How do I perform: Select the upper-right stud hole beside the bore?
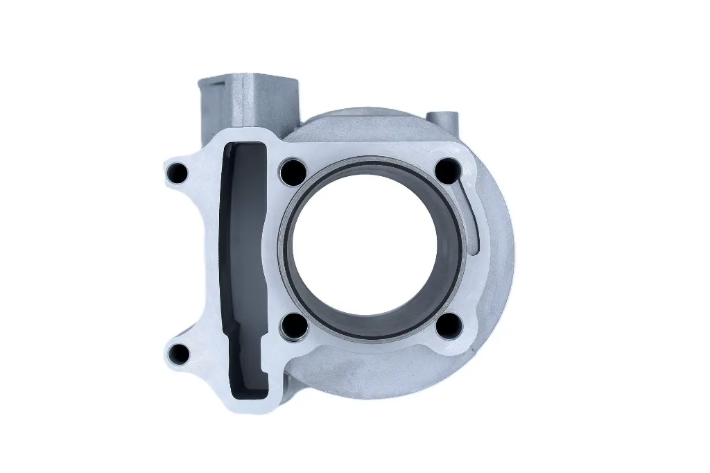(x=449, y=170)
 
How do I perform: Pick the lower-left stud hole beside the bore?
(x=293, y=325)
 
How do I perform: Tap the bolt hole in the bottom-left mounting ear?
(x=180, y=354)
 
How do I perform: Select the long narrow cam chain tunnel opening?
(x=243, y=264)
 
